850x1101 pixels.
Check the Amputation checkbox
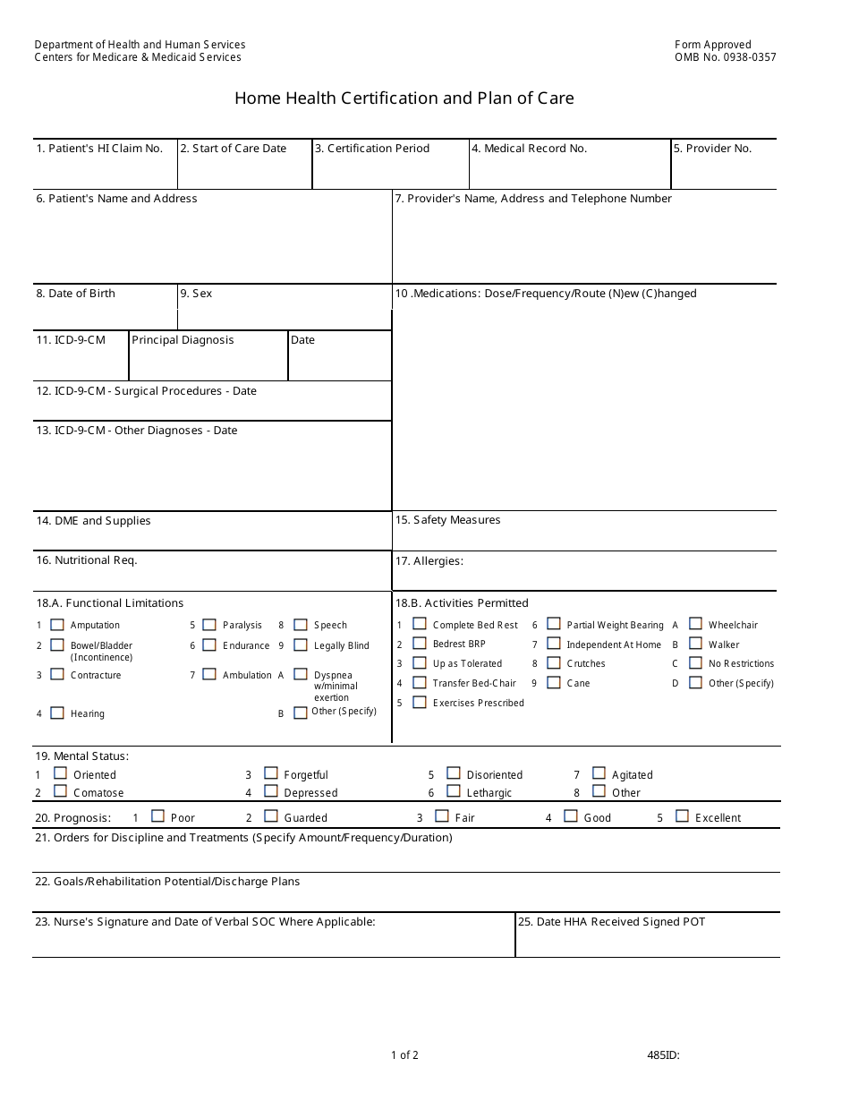(57, 625)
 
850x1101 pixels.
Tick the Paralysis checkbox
(209, 625)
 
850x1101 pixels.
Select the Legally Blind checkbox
(301, 644)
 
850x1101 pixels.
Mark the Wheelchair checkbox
(695, 624)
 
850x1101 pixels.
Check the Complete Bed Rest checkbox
(419, 624)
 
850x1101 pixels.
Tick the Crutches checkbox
(553, 662)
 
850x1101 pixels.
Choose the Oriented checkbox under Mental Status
(60, 773)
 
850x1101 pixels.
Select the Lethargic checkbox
(454, 791)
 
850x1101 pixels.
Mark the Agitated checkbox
(599, 773)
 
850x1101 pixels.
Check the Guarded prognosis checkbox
(271, 816)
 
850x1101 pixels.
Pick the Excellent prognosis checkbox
(682, 816)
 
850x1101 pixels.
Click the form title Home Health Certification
(404, 98)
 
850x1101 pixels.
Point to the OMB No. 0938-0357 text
(725, 57)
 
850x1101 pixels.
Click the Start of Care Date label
(233, 149)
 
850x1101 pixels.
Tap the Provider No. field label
(712, 149)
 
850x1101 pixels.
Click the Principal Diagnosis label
(183, 340)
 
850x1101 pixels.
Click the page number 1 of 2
(404, 1054)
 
